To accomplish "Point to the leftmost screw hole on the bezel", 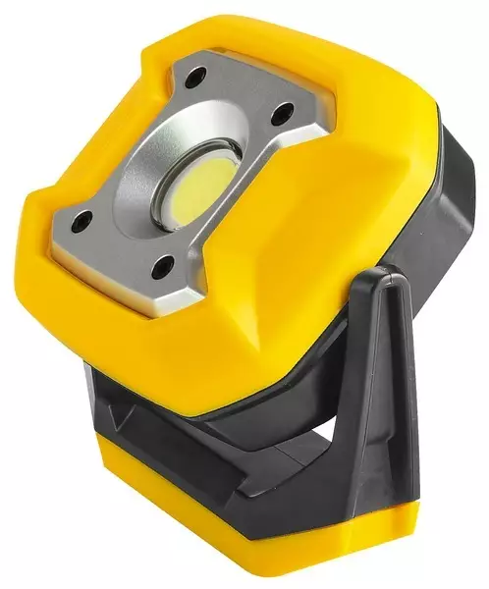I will (x=83, y=220).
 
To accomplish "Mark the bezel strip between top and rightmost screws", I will (x=245, y=93).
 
